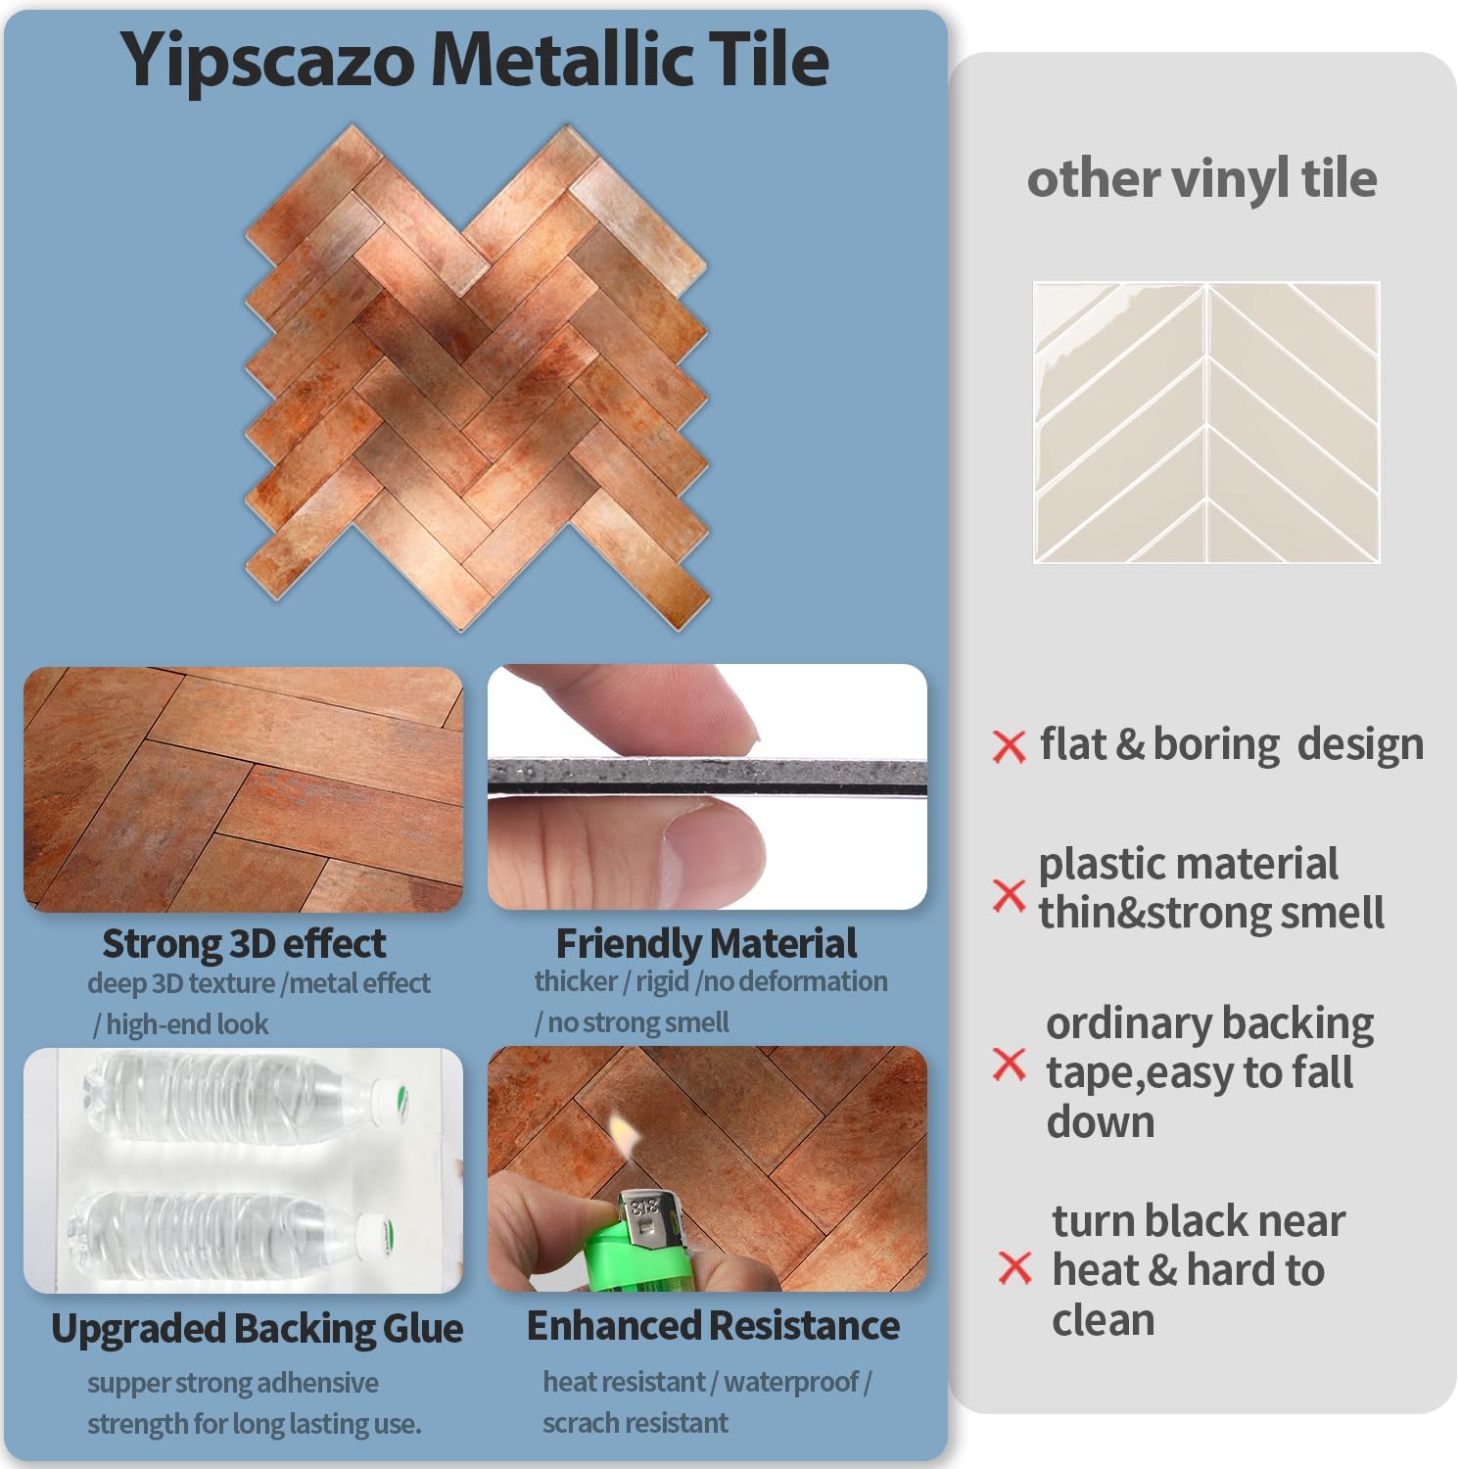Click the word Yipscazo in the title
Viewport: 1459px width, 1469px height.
coord(267,61)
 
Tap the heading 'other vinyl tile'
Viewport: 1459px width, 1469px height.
coord(1201,179)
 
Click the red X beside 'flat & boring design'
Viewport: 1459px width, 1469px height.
coord(1009,746)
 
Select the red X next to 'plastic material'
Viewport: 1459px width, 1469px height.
coord(1009,894)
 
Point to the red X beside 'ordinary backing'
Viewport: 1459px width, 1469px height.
coord(1009,1064)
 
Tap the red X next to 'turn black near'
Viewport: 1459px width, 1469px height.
coord(1015,1268)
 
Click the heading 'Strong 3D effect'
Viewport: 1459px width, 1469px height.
coord(244,944)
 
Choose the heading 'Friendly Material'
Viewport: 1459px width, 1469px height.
coord(706,944)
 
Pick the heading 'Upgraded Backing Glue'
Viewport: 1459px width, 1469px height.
coord(257,1329)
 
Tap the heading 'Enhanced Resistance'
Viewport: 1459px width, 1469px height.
coord(713,1326)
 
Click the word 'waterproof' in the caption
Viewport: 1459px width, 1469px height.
coord(791,1382)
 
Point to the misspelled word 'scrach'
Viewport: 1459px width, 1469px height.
coord(580,1423)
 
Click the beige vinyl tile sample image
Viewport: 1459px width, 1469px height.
coord(1206,422)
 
